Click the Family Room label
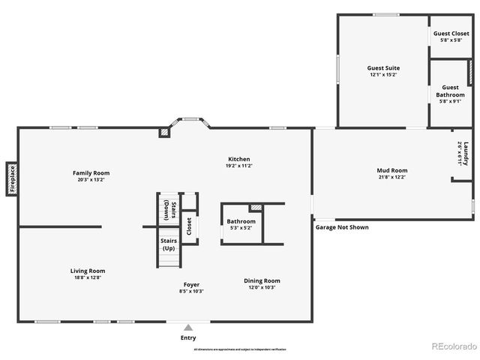click(x=86, y=176)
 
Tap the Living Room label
click(x=88, y=274)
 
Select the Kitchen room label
click(x=239, y=162)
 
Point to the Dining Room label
click(x=262, y=284)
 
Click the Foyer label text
click(x=192, y=288)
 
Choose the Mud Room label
click(x=391, y=173)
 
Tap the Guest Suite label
click(x=382, y=71)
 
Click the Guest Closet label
click(x=451, y=36)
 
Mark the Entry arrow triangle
click(x=188, y=328)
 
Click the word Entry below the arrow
click(x=188, y=338)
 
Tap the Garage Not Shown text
click(x=342, y=227)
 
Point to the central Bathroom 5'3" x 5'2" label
click(x=241, y=224)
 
